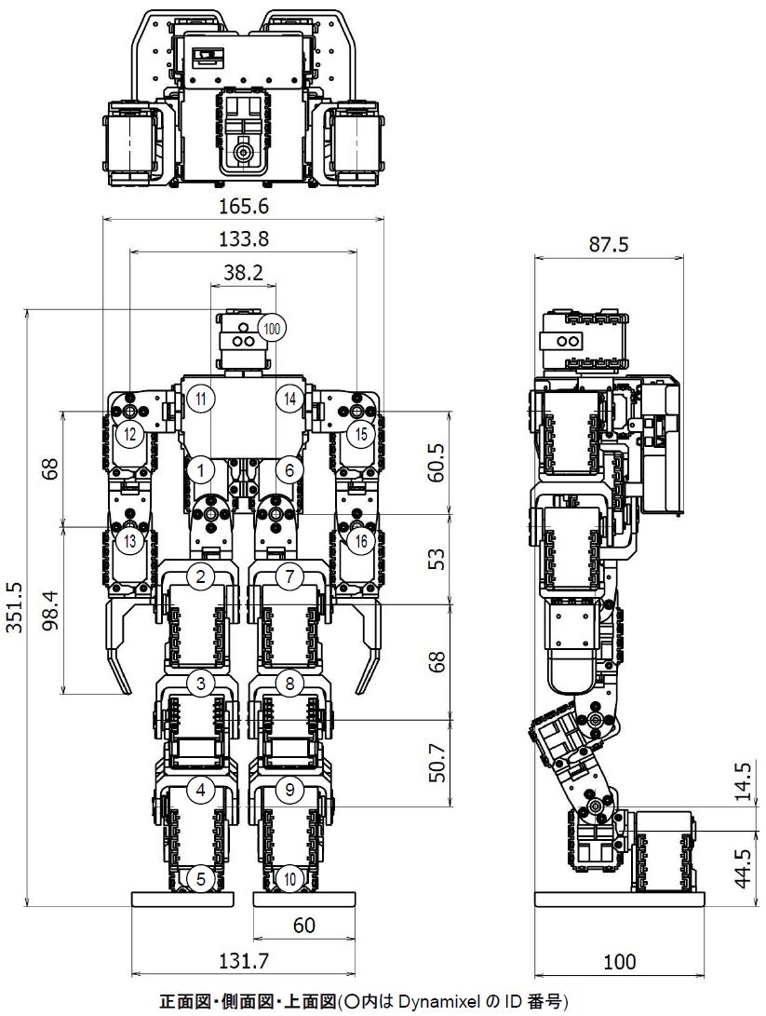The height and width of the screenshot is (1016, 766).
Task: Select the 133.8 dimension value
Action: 243,238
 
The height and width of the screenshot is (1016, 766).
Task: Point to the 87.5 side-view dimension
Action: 610,245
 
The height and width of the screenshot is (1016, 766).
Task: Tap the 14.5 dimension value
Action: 741,781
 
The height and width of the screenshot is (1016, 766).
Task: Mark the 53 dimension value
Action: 437,558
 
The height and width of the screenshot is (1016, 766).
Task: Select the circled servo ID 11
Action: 202,399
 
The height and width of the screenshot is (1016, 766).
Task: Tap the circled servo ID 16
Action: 360,540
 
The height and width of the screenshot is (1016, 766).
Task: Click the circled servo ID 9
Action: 290,791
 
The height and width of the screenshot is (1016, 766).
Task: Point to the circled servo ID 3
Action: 200,684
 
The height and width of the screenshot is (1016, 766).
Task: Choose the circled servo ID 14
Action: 290,399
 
